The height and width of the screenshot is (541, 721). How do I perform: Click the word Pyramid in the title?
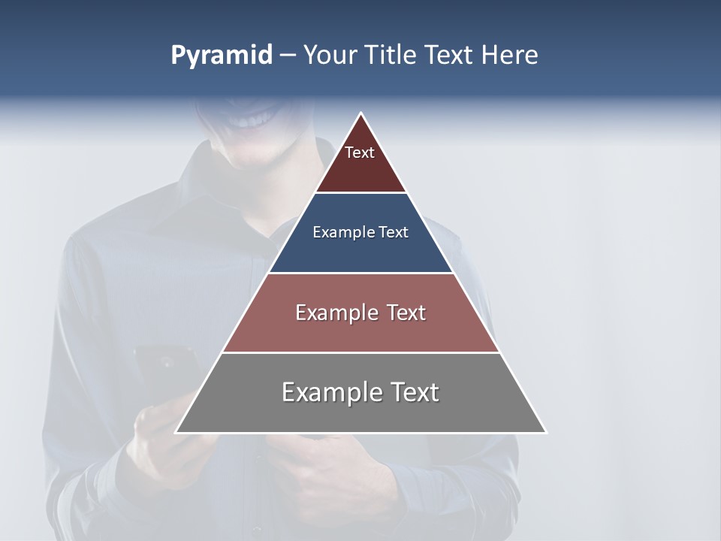(x=221, y=56)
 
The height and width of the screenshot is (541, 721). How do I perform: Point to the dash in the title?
(x=287, y=56)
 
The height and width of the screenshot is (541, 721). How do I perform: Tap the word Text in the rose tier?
(x=406, y=313)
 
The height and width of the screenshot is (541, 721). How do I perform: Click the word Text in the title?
(x=451, y=56)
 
